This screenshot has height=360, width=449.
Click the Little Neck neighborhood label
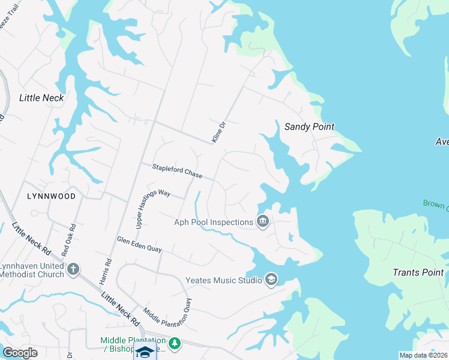click(x=41, y=98)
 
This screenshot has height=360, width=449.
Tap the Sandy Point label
click(x=309, y=127)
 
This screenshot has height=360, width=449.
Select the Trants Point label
click(x=418, y=272)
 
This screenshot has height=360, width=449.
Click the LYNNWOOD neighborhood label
click(x=51, y=196)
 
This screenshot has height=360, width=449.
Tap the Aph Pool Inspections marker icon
click(x=262, y=222)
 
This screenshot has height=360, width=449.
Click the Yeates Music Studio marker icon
click(x=271, y=280)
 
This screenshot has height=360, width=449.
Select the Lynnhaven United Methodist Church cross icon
click(x=73, y=269)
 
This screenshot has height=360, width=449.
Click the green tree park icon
click(x=174, y=344)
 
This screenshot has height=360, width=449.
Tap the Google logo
click(x=20, y=352)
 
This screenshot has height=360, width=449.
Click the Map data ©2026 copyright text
click(x=424, y=355)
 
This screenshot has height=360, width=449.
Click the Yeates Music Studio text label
click(x=223, y=280)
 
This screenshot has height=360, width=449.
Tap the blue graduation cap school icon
click(x=144, y=352)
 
